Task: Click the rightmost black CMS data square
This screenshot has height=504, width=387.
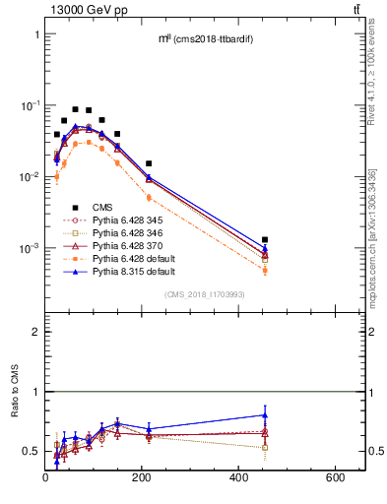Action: pyautogui.click(x=265, y=239)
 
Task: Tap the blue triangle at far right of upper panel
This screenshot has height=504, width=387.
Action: pyautogui.click(x=265, y=248)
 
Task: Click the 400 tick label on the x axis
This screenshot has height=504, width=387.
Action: pyautogui.click(x=240, y=478)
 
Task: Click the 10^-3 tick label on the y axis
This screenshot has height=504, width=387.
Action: pyautogui.click(x=29, y=248)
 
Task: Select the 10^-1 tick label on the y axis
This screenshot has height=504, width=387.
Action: pyautogui.click(x=29, y=105)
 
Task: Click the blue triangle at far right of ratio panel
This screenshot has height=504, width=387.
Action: pyautogui.click(x=265, y=414)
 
